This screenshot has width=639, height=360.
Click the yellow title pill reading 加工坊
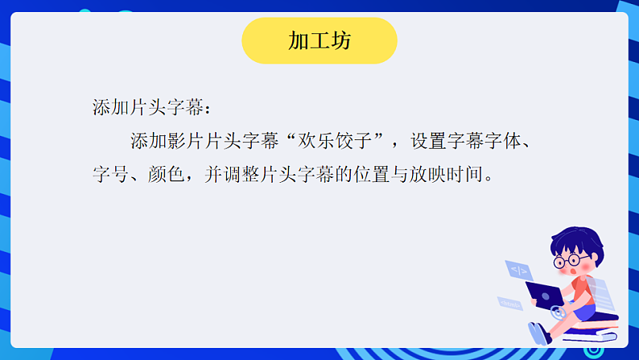pos(319,41)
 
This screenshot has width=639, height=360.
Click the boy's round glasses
pos(571,260)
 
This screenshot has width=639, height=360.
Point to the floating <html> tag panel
pos(510,304)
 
